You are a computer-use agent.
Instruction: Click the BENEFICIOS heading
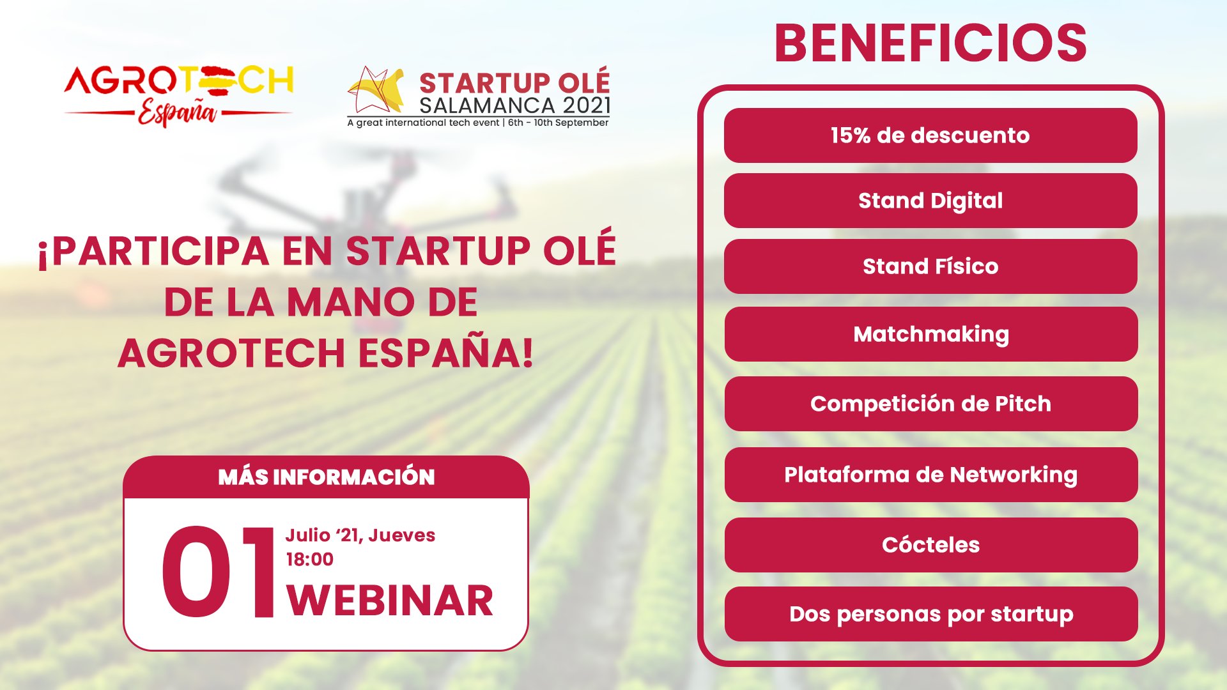(x=930, y=43)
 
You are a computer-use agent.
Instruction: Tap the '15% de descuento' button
(x=930, y=135)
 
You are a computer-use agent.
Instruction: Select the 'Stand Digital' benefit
(x=930, y=201)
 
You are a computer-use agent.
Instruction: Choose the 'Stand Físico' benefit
(x=930, y=266)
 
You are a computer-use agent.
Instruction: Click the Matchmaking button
(x=931, y=334)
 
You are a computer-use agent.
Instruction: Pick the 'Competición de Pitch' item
(x=931, y=404)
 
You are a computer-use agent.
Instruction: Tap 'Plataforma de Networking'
(x=931, y=475)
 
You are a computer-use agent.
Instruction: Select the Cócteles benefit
(x=931, y=545)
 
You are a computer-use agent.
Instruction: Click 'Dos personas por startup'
(x=931, y=614)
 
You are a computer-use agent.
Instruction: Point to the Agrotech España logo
(x=178, y=96)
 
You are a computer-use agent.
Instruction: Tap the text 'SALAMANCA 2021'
(x=515, y=105)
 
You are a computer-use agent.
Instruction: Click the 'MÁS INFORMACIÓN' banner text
(x=326, y=477)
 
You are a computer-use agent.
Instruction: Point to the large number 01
(x=218, y=572)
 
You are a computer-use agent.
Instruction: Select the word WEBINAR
(x=390, y=601)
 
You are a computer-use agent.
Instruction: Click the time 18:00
(x=310, y=560)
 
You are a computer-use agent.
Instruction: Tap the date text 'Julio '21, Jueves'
(x=360, y=535)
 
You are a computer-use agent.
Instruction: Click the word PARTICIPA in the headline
(x=160, y=251)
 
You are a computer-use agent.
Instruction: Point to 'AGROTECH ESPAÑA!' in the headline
(x=325, y=353)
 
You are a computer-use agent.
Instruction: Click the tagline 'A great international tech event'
(x=423, y=123)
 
